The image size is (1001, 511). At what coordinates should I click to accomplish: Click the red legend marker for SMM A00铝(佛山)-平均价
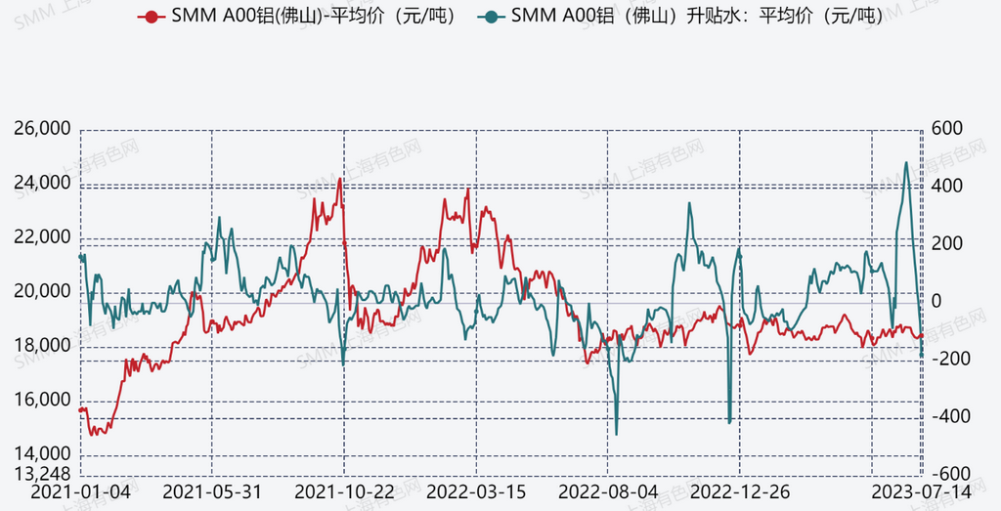click(150, 16)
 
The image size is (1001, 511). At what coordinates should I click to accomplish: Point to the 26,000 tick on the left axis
click(43, 129)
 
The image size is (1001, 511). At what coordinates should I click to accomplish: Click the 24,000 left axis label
click(43, 183)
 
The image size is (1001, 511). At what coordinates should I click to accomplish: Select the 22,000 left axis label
click(43, 237)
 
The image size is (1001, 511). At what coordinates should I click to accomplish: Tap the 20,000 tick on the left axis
click(43, 292)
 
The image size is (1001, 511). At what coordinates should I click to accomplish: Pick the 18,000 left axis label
click(43, 346)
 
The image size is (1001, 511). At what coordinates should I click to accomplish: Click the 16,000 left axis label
click(43, 401)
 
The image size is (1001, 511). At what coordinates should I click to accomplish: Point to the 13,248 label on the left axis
click(43, 473)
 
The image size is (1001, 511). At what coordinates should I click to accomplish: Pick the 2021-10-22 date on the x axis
click(344, 490)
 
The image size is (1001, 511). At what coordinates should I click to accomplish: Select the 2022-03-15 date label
click(476, 490)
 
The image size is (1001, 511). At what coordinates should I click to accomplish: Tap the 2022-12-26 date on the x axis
click(740, 490)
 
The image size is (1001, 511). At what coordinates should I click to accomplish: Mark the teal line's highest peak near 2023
click(906, 163)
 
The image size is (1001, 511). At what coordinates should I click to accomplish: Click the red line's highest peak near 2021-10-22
click(340, 179)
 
